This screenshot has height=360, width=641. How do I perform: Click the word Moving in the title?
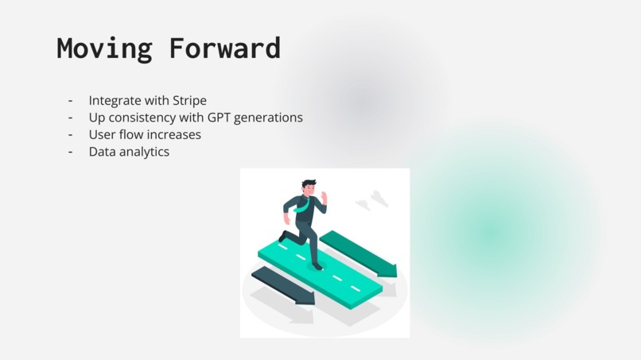(x=103, y=48)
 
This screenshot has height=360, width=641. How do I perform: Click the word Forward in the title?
(x=224, y=48)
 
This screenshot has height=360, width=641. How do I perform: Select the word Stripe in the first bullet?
(x=189, y=101)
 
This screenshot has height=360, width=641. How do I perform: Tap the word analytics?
(x=145, y=151)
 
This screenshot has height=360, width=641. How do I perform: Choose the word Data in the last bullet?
(x=103, y=151)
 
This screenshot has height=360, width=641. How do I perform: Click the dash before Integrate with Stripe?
(x=70, y=101)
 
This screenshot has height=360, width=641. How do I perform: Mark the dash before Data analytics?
(x=70, y=151)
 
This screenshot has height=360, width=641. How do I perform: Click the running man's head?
(x=309, y=188)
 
